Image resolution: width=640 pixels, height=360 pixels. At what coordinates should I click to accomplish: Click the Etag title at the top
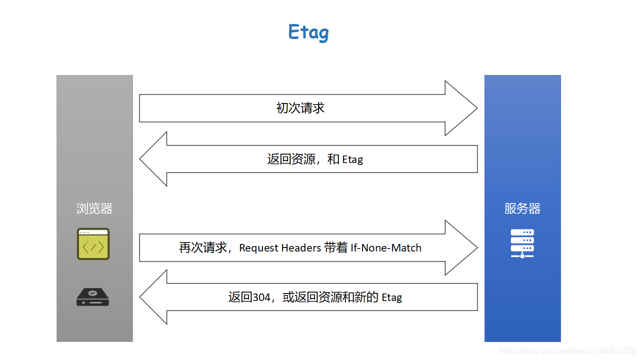coord(308,32)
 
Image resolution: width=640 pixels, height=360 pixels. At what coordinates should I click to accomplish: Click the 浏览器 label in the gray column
coord(94,208)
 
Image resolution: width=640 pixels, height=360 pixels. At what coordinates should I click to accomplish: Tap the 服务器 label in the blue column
coord(522,208)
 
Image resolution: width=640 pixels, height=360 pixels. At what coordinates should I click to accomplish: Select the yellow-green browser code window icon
coord(93,244)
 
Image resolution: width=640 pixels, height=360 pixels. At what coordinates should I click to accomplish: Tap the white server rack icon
coord(522,243)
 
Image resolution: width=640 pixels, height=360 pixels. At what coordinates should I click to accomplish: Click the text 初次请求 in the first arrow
coord(300,108)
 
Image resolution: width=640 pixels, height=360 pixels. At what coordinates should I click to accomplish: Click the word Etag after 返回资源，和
coord(352,159)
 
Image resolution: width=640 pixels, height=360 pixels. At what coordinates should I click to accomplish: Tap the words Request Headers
coord(279,248)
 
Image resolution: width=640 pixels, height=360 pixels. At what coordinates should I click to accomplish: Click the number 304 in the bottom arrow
coord(261,297)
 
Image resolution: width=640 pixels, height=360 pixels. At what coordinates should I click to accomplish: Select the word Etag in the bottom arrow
coord(391,297)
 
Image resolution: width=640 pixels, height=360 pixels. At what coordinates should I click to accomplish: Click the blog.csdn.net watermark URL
coord(567,351)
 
